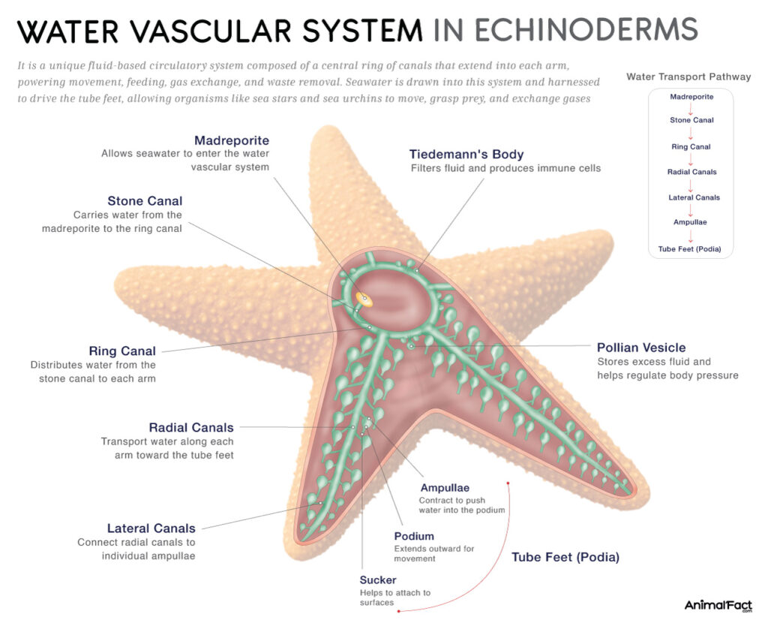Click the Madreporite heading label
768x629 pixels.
tap(231, 140)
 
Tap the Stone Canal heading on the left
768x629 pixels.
tap(145, 200)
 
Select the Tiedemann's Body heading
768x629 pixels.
tap(466, 155)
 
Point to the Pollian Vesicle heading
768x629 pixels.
tap(641, 348)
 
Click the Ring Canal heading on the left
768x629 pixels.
tap(122, 351)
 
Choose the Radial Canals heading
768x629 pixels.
tap(191, 428)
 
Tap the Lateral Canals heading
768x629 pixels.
tap(151, 528)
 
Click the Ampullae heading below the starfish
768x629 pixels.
tap(445, 489)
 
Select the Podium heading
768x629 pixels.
tap(414, 536)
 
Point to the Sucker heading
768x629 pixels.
tap(377, 579)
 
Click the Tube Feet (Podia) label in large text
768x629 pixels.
tap(565, 558)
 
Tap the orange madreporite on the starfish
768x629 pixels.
tap(363, 298)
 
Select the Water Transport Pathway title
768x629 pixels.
tap(688, 77)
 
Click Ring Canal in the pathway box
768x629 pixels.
tap(691, 147)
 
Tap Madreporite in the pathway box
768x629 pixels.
tap(691, 96)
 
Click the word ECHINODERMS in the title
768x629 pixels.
tap(565, 30)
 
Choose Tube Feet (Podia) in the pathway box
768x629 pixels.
tap(691, 248)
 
